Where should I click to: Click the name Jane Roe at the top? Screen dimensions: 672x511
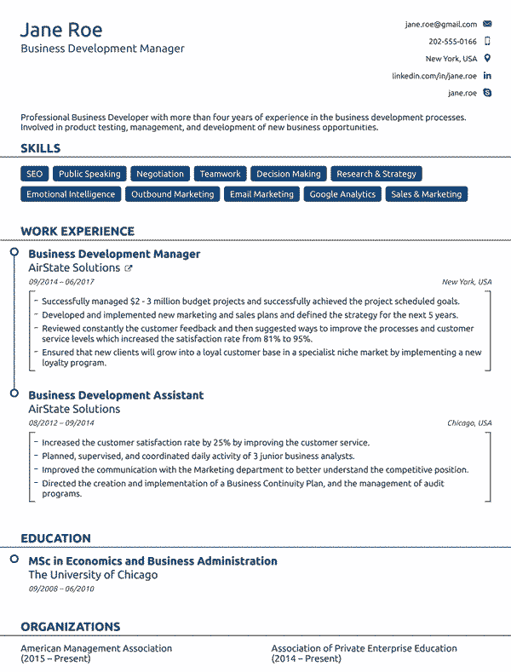coord(61,31)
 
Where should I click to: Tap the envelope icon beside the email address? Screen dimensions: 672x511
coord(487,25)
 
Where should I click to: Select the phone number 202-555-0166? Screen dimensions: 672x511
coord(452,42)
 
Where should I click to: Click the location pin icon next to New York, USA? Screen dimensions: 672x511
coord(487,59)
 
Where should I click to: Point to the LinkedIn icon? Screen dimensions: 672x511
coord(487,76)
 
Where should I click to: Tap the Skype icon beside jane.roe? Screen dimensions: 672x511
coord(487,93)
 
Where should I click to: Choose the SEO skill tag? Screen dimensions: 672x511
coord(34,174)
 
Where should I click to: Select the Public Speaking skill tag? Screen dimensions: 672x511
coord(89,174)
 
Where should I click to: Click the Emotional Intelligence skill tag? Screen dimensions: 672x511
coord(71,194)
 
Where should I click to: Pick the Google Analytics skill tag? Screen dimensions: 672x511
coord(342,194)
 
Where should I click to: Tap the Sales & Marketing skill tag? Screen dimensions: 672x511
coord(426,194)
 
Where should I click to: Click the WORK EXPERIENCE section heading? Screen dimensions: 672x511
coord(78,231)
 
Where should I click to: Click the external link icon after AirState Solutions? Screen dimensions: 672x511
coord(129,268)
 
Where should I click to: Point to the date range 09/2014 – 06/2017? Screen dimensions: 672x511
coord(61,282)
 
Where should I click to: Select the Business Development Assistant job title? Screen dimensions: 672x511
coord(116,395)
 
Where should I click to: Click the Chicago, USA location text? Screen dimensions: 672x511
coord(469,423)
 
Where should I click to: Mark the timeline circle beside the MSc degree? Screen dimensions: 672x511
coord(14,560)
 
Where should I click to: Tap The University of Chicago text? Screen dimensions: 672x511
coord(93,575)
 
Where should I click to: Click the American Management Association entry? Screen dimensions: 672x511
coord(96,648)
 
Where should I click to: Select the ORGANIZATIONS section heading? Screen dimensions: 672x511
coord(70,627)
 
